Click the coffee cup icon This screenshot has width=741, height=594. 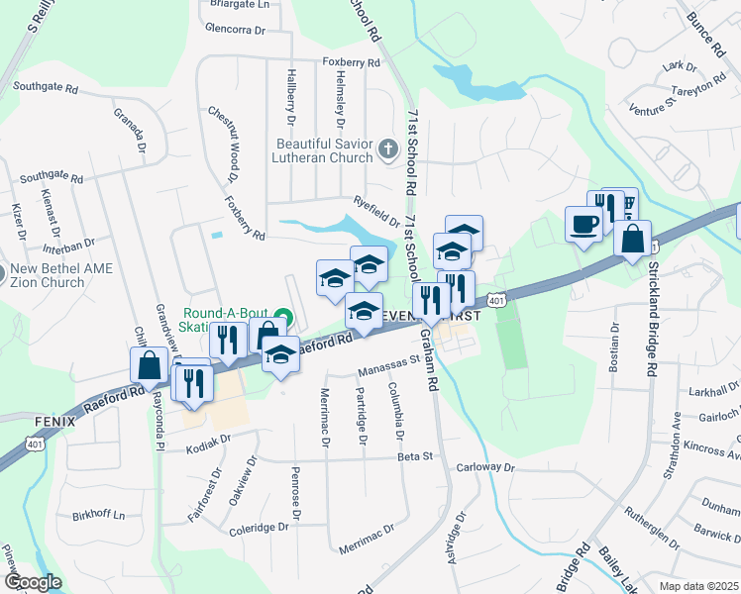tap(582, 223)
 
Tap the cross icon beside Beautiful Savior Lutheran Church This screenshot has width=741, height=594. tap(388, 151)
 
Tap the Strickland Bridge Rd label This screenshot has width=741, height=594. tap(653, 317)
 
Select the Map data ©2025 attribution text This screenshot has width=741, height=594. tap(697, 586)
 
